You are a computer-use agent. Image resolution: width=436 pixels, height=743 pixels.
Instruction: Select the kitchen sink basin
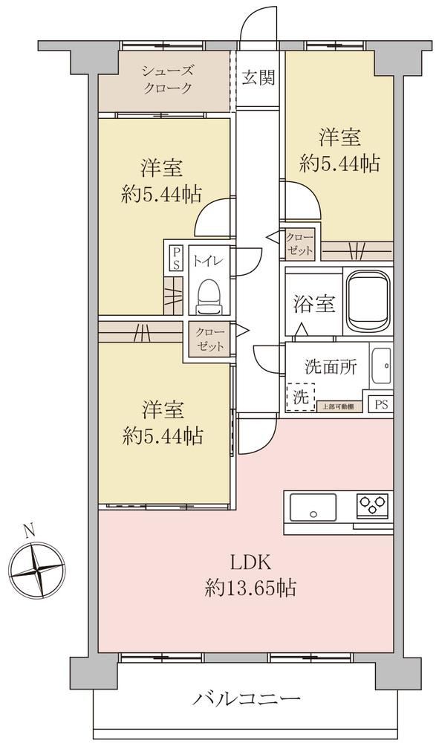(x=313, y=507)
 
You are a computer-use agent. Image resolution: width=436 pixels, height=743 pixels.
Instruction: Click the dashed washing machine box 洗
(x=301, y=397)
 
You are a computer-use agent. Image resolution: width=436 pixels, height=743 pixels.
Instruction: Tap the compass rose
(x=37, y=570)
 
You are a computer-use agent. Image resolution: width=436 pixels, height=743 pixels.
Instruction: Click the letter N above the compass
(x=30, y=530)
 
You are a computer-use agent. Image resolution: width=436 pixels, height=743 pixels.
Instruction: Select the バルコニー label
(x=247, y=698)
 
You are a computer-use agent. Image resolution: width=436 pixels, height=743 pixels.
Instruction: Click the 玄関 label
(x=258, y=77)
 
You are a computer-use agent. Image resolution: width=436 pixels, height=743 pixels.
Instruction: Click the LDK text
(x=250, y=563)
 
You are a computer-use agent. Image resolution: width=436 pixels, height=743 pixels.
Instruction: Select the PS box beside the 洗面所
(x=381, y=404)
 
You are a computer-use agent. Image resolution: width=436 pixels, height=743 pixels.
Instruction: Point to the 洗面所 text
(x=331, y=367)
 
